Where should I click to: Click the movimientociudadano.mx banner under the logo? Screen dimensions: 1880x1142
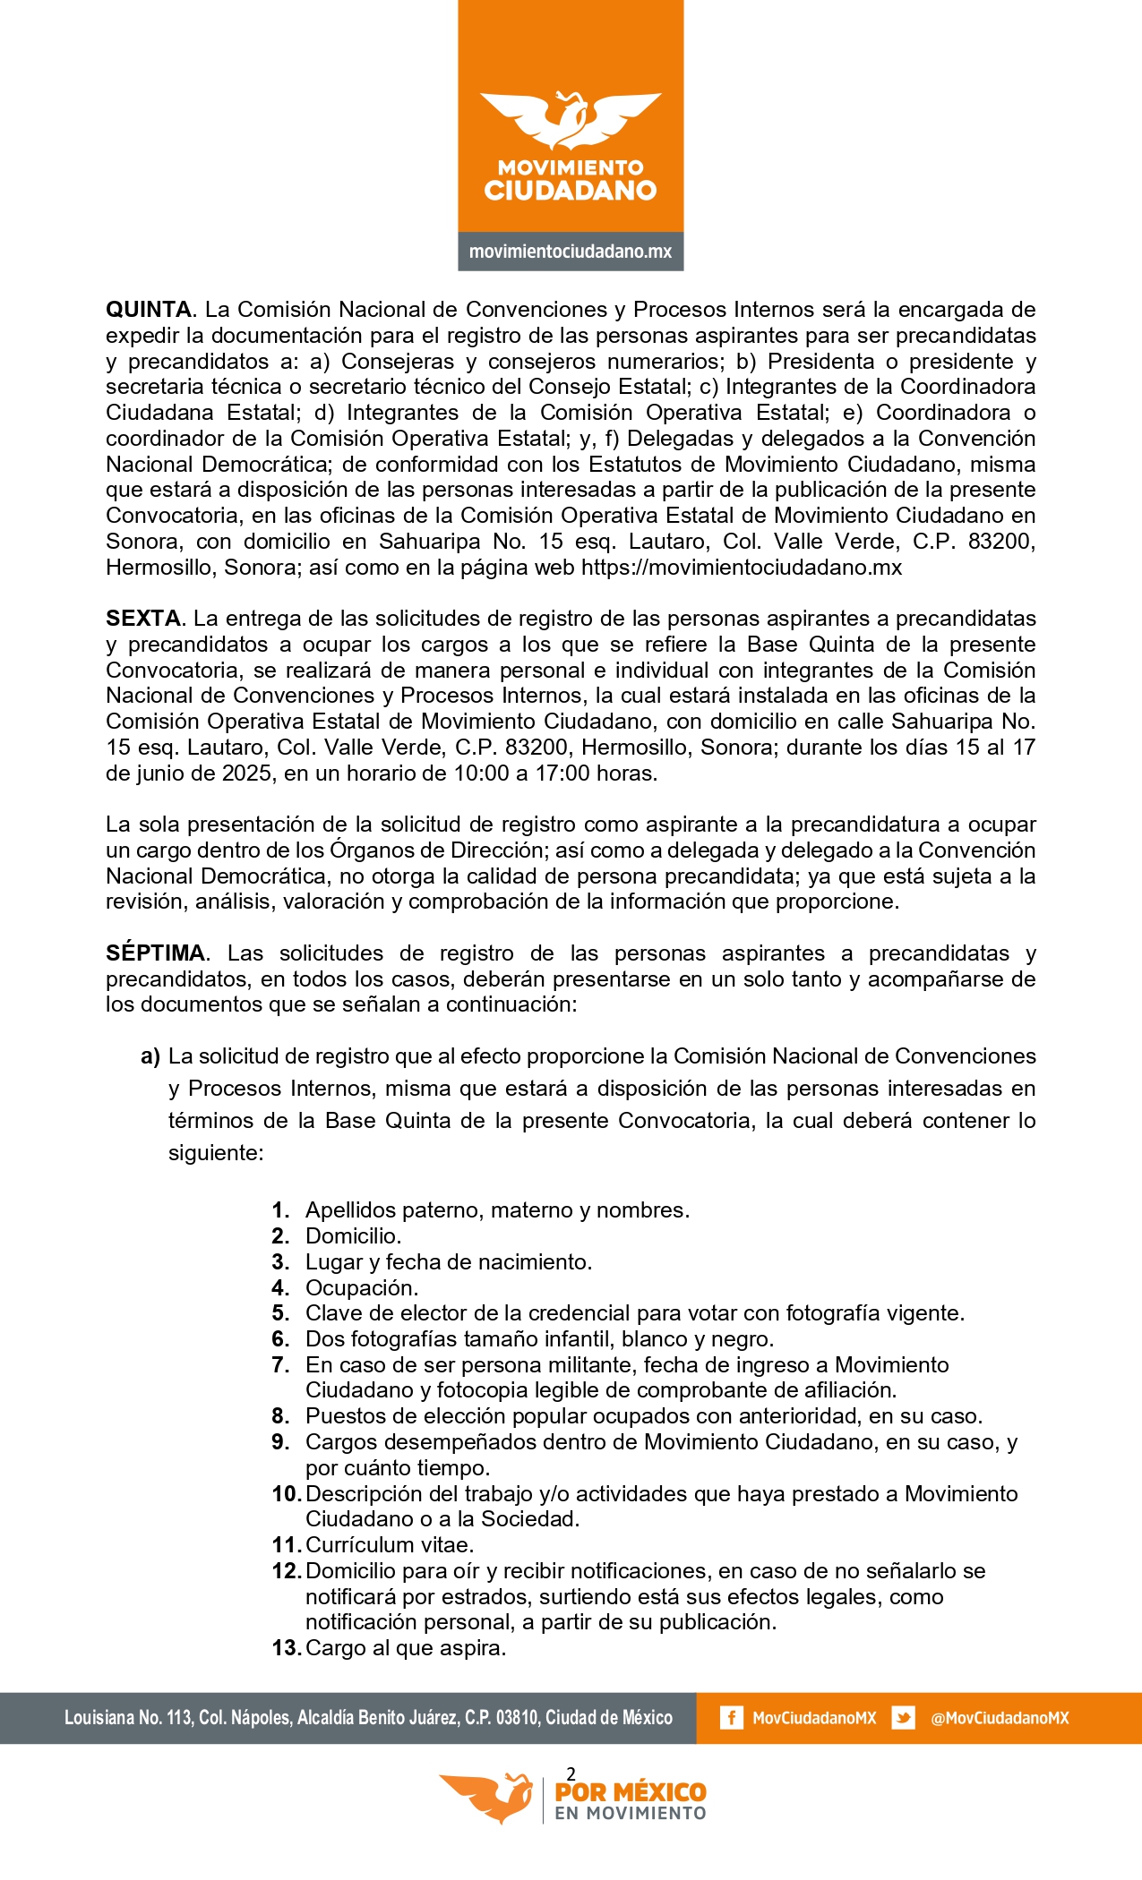pos(571,252)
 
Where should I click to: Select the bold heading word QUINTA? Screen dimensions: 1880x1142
pos(149,310)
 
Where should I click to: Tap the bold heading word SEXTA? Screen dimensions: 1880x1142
pos(143,619)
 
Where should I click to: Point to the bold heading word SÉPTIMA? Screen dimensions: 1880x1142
pos(156,953)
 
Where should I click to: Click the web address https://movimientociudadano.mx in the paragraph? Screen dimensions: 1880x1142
pos(742,568)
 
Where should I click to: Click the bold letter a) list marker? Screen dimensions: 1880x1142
pos(150,1056)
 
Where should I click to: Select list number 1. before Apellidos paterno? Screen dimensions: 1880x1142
pos(280,1210)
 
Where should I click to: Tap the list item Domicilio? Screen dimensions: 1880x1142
pos(353,1236)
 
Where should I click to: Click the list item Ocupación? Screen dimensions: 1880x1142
pos(362,1288)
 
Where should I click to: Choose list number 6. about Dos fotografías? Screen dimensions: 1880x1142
pos(280,1339)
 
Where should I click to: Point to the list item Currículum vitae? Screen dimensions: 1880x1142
pos(390,1545)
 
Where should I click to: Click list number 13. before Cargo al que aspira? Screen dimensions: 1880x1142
pos(286,1648)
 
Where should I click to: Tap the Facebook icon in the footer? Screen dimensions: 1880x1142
pos(731,1718)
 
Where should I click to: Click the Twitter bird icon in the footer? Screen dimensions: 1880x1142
pos(903,1718)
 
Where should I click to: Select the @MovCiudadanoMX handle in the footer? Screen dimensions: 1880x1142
pos(1000,1718)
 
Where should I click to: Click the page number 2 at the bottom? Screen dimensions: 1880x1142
pos(571,1773)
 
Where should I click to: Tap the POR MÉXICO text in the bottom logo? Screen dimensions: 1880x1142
pos(631,1792)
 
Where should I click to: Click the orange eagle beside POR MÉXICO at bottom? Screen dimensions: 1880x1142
pos(488,1796)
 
